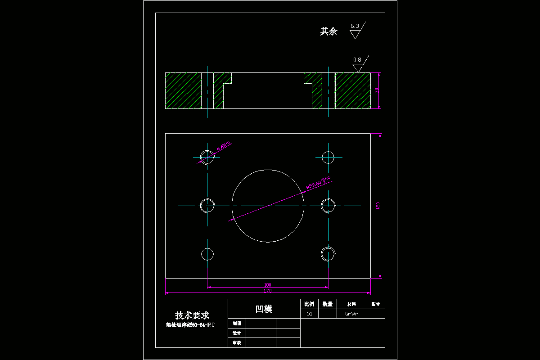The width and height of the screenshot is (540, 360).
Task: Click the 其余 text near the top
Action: point(328,31)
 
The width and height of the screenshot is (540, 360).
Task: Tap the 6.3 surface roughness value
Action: point(355,26)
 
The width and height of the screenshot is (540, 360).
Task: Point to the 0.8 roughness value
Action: point(357,59)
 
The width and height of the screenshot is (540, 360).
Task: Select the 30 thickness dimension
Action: point(377,90)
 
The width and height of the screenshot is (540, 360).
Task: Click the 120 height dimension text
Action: point(378,206)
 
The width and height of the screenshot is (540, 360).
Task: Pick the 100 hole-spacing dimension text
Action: point(268,285)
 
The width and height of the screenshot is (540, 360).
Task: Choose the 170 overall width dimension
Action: point(268,291)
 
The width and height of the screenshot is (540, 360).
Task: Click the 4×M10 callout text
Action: point(224,145)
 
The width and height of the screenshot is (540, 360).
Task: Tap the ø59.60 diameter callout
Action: point(318,183)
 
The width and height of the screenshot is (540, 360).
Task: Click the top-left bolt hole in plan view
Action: point(207,157)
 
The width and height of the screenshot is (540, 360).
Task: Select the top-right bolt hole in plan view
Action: point(328,157)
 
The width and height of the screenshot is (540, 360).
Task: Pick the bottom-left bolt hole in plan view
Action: point(207,254)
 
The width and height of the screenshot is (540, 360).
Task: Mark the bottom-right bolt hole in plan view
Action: point(328,254)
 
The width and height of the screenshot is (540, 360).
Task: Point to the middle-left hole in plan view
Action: point(207,206)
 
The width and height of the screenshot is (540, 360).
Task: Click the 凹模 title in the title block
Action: point(264,309)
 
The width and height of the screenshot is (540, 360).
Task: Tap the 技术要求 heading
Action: point(192,315)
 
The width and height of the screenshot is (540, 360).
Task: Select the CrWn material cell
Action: point(351,314)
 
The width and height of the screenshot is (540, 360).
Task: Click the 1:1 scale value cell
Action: point(309,314)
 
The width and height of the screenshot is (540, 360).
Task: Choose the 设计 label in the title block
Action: point(237,333)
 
